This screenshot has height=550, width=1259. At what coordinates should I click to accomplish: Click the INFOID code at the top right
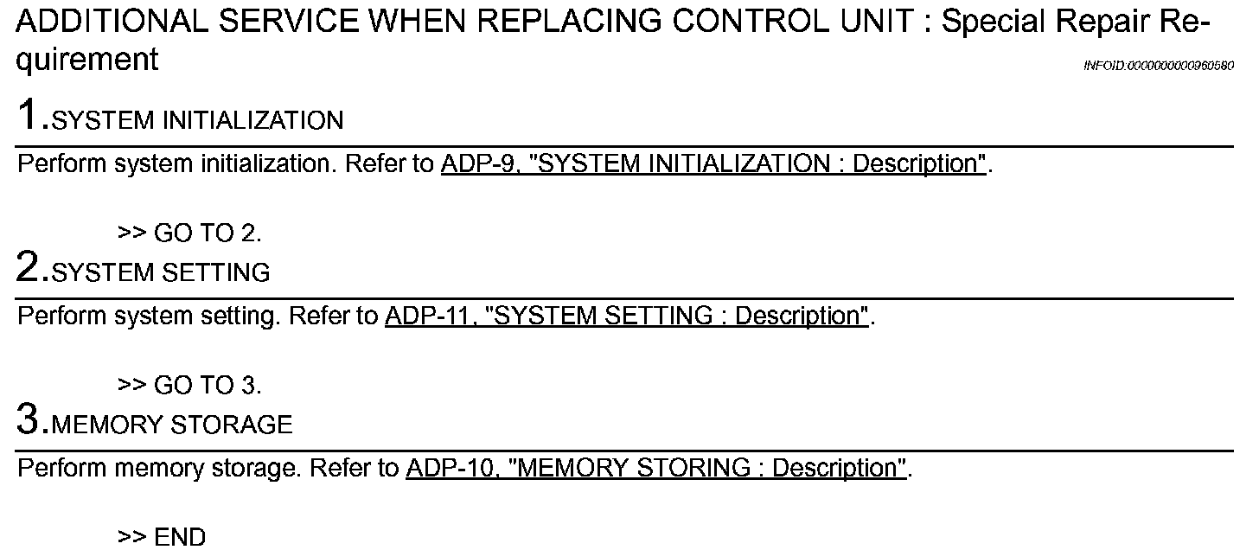tap(1158, 67)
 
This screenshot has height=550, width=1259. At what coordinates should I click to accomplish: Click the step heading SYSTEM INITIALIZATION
tap(197, 121)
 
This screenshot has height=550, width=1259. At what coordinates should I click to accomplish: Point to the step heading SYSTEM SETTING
tap(161, 273)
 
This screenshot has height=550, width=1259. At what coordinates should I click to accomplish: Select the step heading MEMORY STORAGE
tap(172, 425)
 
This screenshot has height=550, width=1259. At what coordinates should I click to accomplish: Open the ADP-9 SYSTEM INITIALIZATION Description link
tap(713, 164)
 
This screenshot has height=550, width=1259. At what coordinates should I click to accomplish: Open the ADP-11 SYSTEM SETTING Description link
tap(627, 317)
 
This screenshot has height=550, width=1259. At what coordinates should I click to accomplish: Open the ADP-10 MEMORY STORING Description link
tap(656, 469)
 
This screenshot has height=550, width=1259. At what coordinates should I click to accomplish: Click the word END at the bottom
tap(180, 538)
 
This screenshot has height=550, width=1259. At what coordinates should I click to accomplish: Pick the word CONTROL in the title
tap(738, 22)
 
